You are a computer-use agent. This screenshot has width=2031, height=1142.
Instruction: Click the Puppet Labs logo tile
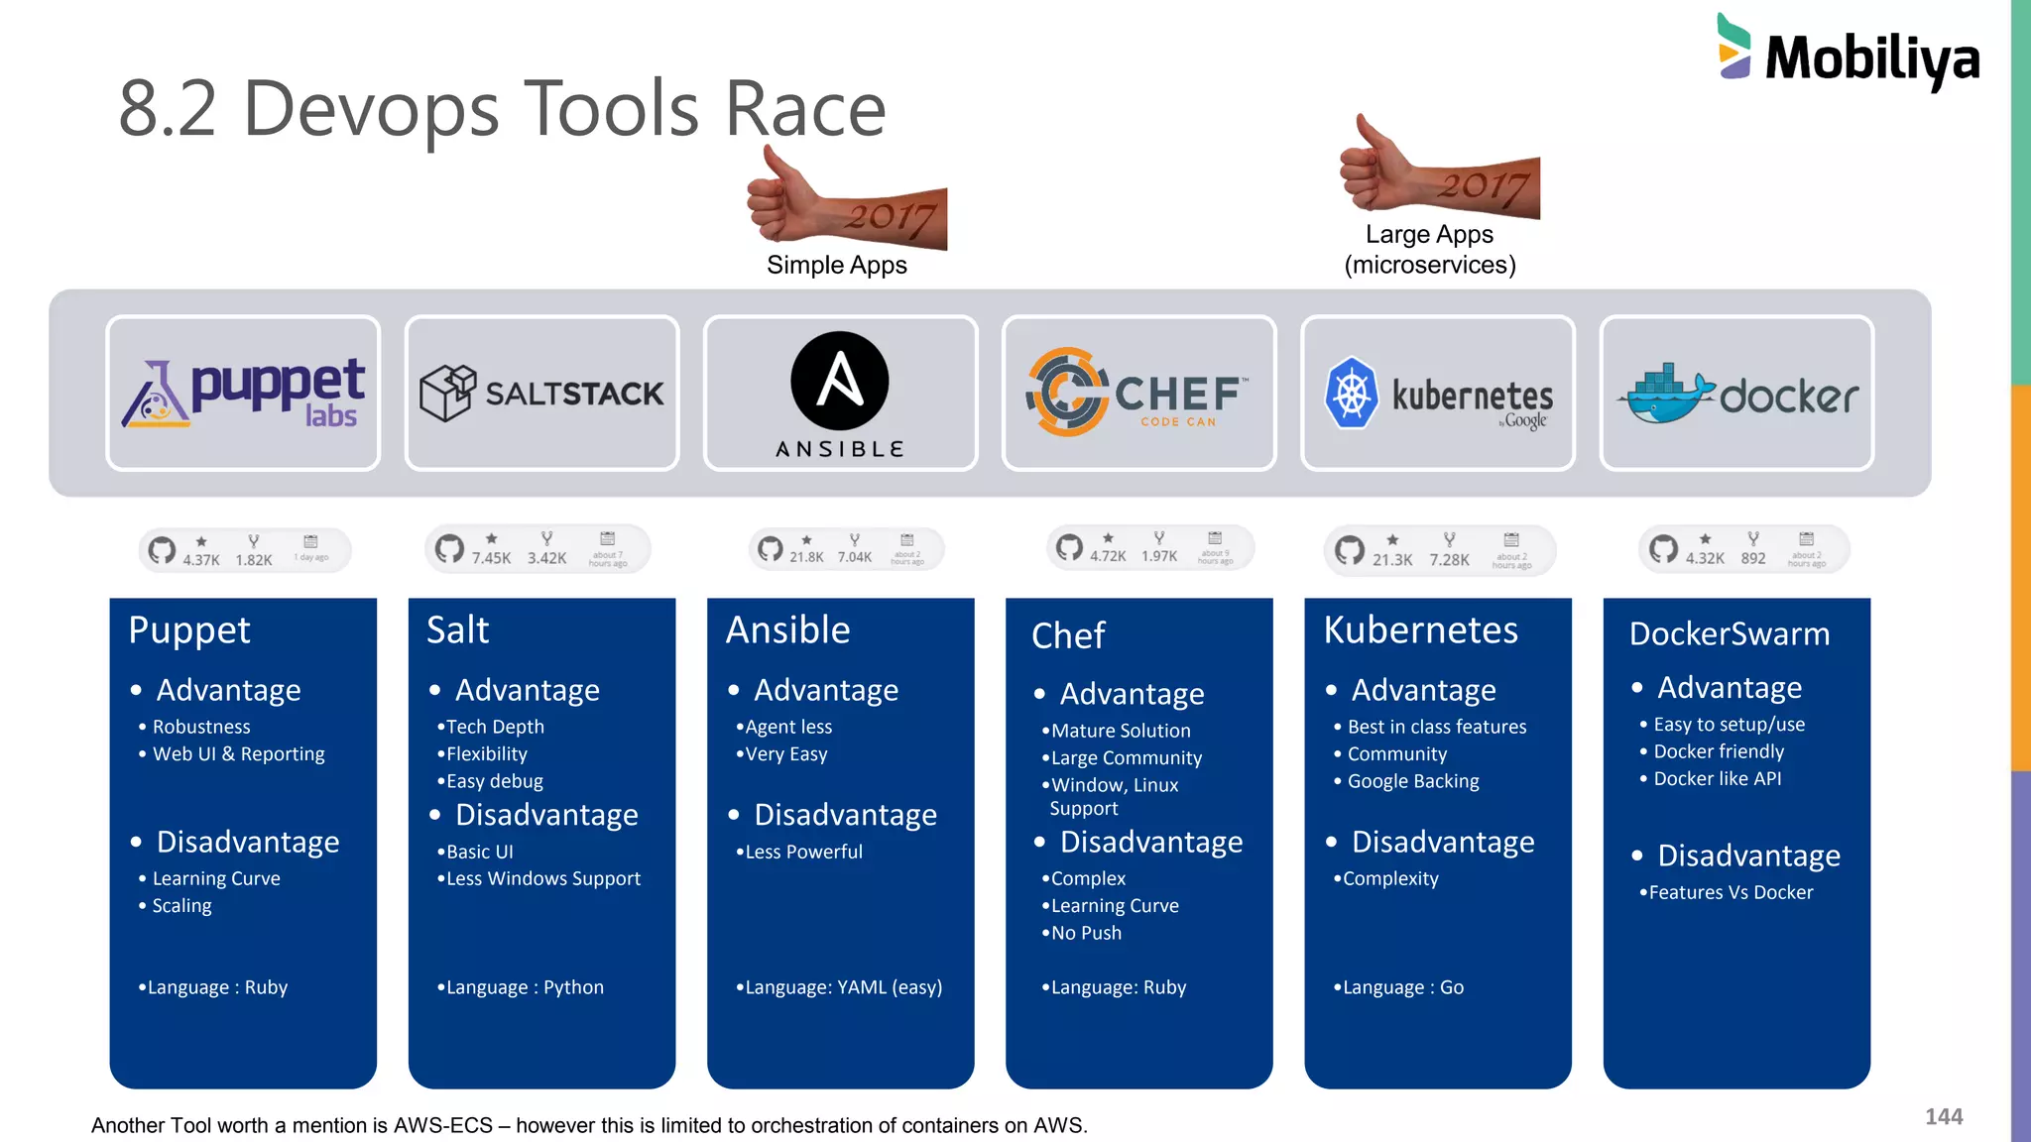point(243,394)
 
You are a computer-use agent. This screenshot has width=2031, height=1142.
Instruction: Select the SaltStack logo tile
point(542,394)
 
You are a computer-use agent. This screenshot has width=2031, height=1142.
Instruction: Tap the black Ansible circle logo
point(840,381)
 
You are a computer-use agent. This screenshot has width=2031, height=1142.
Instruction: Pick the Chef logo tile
point(1138,394)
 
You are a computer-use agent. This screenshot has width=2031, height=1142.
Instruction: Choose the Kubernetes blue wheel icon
point(1351,393)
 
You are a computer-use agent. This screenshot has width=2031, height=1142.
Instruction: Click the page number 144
point(1944,1117)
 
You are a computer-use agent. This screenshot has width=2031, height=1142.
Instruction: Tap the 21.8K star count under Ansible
point(806,557)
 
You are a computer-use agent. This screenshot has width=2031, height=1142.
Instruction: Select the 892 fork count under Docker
point(1753,558)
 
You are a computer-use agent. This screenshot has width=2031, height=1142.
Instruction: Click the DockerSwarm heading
point(1730,633)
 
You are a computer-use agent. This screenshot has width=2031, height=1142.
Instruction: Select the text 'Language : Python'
point(525,987)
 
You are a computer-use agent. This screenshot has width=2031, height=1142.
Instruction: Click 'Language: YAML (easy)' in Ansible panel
point(843,987)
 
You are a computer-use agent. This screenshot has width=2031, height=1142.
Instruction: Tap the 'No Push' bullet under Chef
point(1086,933)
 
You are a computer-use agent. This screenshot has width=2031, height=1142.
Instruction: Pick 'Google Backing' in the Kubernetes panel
point(1413,781)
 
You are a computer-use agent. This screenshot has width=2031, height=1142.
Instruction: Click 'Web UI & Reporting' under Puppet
point(238,754)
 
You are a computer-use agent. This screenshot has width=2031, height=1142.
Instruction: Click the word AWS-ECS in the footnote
point(443,1125)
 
